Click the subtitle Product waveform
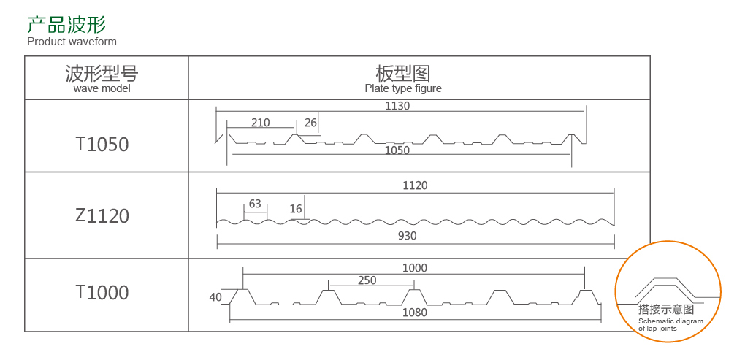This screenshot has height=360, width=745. tap(72, 42)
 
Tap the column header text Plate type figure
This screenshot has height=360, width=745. tap(403, 88)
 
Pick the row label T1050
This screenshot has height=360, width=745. tap(102, 145)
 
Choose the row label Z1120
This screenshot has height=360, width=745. tap(102, 216)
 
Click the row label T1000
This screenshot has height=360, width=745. tap(102, 293)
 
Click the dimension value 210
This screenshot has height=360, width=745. tap(260, 123)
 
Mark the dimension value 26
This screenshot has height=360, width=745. tap(310, 123)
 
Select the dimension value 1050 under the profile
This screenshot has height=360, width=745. tap(397, 150)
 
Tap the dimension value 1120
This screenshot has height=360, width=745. tap(415, 185)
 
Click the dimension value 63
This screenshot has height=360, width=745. tap(255, 204)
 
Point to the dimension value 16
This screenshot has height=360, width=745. tap(296, 209)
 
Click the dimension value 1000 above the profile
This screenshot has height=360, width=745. tap(415, 268)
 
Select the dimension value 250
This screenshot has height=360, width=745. tap(367, 280)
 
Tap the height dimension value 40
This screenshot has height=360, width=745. tap(215, 297)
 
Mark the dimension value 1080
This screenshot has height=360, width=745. tap(415, 313)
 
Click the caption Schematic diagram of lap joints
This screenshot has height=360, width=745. tap(670, 325)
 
